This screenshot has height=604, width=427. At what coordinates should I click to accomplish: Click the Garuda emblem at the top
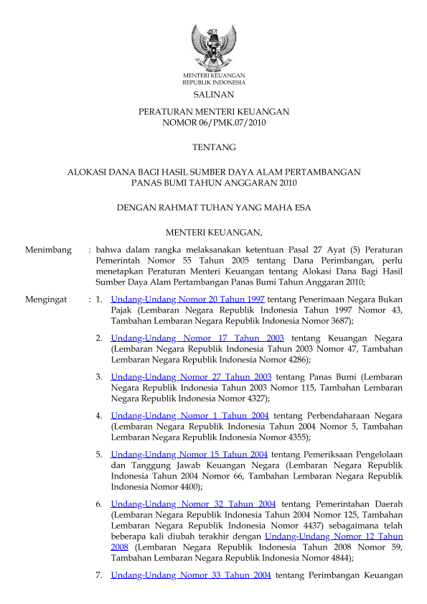213,45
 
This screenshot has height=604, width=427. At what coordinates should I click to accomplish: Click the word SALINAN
213,94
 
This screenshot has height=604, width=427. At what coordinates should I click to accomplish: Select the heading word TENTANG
213,147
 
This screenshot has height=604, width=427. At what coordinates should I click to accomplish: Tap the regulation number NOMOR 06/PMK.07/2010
213,123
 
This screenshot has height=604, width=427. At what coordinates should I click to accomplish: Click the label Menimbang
48,250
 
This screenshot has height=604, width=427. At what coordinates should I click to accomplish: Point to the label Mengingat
47,298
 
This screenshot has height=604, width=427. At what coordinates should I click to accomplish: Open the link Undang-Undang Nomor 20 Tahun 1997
188,298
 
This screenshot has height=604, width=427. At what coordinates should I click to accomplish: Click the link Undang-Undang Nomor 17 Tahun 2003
197,338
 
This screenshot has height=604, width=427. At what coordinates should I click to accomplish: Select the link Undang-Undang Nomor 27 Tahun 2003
191,376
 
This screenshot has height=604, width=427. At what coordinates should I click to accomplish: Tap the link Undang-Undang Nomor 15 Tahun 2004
189,454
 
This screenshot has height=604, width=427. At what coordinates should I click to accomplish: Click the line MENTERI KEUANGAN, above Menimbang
213,231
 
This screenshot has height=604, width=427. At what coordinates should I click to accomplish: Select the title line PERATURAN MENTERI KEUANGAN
213,112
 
